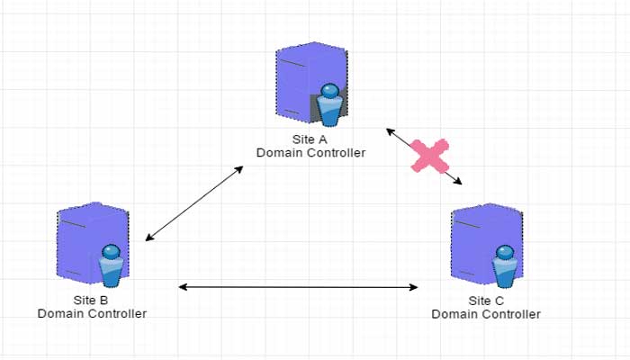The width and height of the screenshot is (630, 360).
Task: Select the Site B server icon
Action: pos(90,243)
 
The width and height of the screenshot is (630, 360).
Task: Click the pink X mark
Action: pos(429,156)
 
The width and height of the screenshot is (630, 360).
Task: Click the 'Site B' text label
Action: pos(91,301)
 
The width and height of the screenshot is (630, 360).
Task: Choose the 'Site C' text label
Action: pos(486,301)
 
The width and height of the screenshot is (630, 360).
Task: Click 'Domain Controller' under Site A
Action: pos(311,153)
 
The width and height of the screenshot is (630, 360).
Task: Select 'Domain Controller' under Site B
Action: pos(92,313)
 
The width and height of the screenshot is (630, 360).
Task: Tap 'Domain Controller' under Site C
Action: pos(486,314)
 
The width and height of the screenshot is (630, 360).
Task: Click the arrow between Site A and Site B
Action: pos(194,202)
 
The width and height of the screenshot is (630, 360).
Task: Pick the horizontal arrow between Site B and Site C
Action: pos(299,287)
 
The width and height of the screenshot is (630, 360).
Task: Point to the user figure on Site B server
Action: pos(111,265)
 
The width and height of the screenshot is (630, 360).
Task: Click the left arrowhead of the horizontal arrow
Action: pos(183,287)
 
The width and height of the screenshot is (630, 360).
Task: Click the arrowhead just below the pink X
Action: pos(457,183)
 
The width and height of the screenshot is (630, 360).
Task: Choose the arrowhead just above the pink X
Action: pos(391,131)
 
